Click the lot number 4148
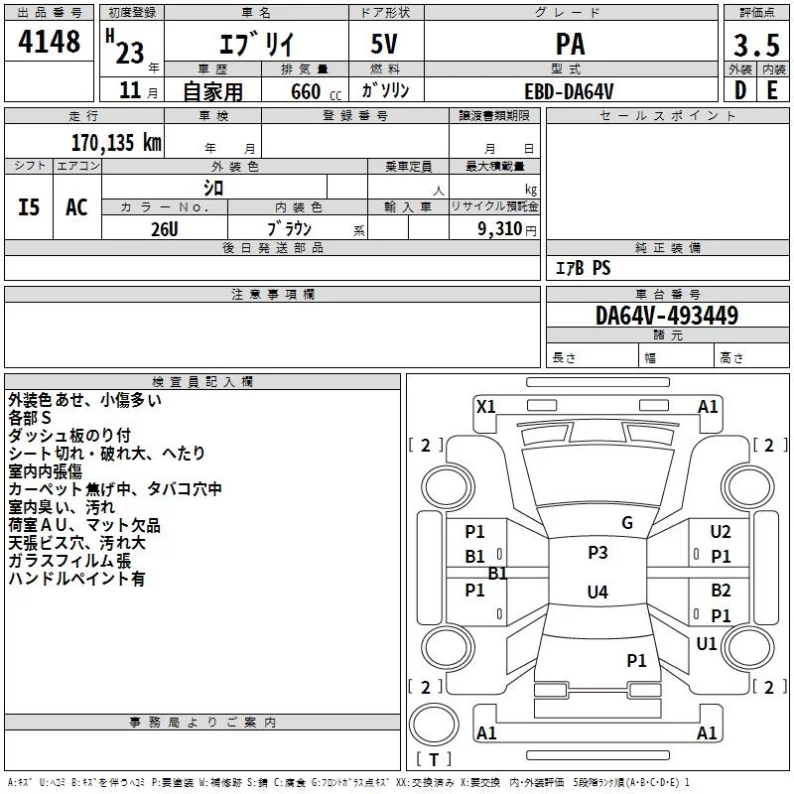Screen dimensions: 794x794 click(49, 41)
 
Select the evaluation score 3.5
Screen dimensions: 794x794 click(756, 45)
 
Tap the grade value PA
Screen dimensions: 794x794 click(570, 44)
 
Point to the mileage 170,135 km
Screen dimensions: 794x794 click(116, 142)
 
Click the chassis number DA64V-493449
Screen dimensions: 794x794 click(667, 316)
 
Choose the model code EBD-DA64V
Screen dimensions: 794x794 click(569, 91)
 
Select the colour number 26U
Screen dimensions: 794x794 click(165, 229)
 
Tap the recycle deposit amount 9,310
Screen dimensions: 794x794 click(500, 229)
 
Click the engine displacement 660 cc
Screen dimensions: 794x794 click(316, 91)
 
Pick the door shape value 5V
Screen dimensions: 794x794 click(384, 44)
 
